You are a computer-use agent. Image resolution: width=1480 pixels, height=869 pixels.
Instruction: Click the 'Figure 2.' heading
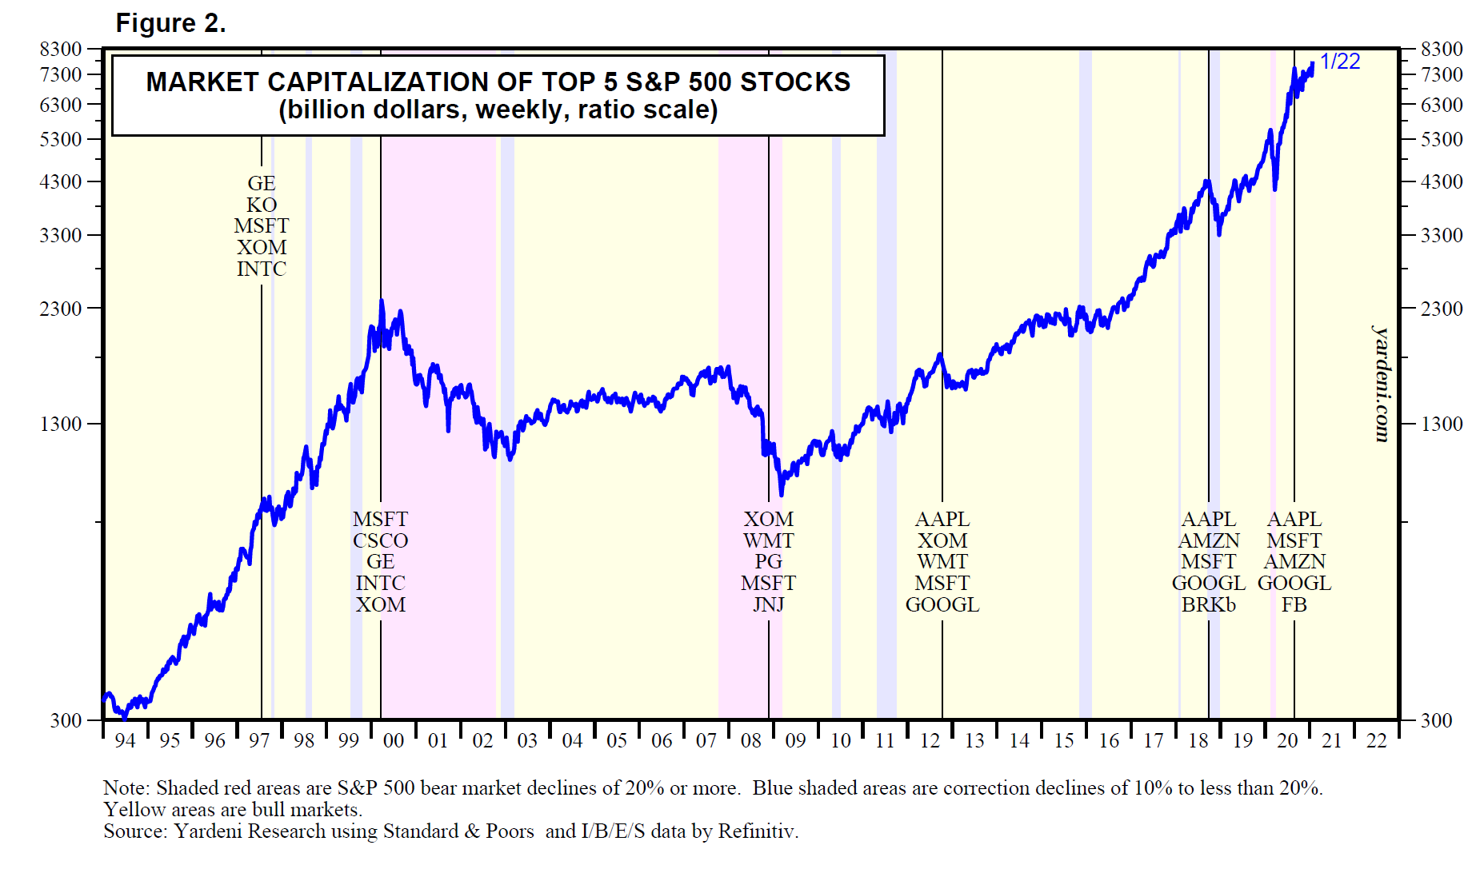[x=170, y=23]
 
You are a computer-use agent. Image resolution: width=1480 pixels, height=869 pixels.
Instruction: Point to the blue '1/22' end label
[x=1339, y=62]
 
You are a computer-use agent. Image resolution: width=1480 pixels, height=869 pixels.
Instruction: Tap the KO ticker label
[x=262, y=205]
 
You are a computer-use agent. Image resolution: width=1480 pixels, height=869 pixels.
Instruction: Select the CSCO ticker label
[x=380, y=540]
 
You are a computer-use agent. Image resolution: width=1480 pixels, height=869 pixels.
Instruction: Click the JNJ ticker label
[x=768, y=604]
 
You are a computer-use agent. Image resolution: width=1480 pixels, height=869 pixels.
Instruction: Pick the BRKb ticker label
[x=1208, y=604]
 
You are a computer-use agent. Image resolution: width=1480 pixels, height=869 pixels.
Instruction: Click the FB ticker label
[x=1294, y=604]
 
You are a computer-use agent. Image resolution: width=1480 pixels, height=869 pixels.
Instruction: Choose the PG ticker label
[x=768, y=562]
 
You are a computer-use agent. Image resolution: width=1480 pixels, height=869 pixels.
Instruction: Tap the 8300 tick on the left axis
[x=61, y=50]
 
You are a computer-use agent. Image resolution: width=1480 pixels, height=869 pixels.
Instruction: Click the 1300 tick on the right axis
[x=1442, y=424]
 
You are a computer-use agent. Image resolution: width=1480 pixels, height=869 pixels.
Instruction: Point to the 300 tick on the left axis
[x=66, y=720]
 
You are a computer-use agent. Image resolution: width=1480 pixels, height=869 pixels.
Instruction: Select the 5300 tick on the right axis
[x=1442, y=139]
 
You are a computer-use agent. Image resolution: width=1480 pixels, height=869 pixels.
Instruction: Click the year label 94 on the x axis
[x=125, y=740]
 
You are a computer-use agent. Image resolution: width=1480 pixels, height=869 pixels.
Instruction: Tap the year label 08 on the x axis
[x=750, y=740]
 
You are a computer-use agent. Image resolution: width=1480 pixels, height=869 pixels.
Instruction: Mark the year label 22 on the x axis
[x=1376, y=740]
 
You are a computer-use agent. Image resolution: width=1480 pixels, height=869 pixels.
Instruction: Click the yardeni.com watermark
[x=1382, y=384]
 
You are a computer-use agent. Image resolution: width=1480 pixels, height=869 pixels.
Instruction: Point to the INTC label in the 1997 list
[x=262, y=269]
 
